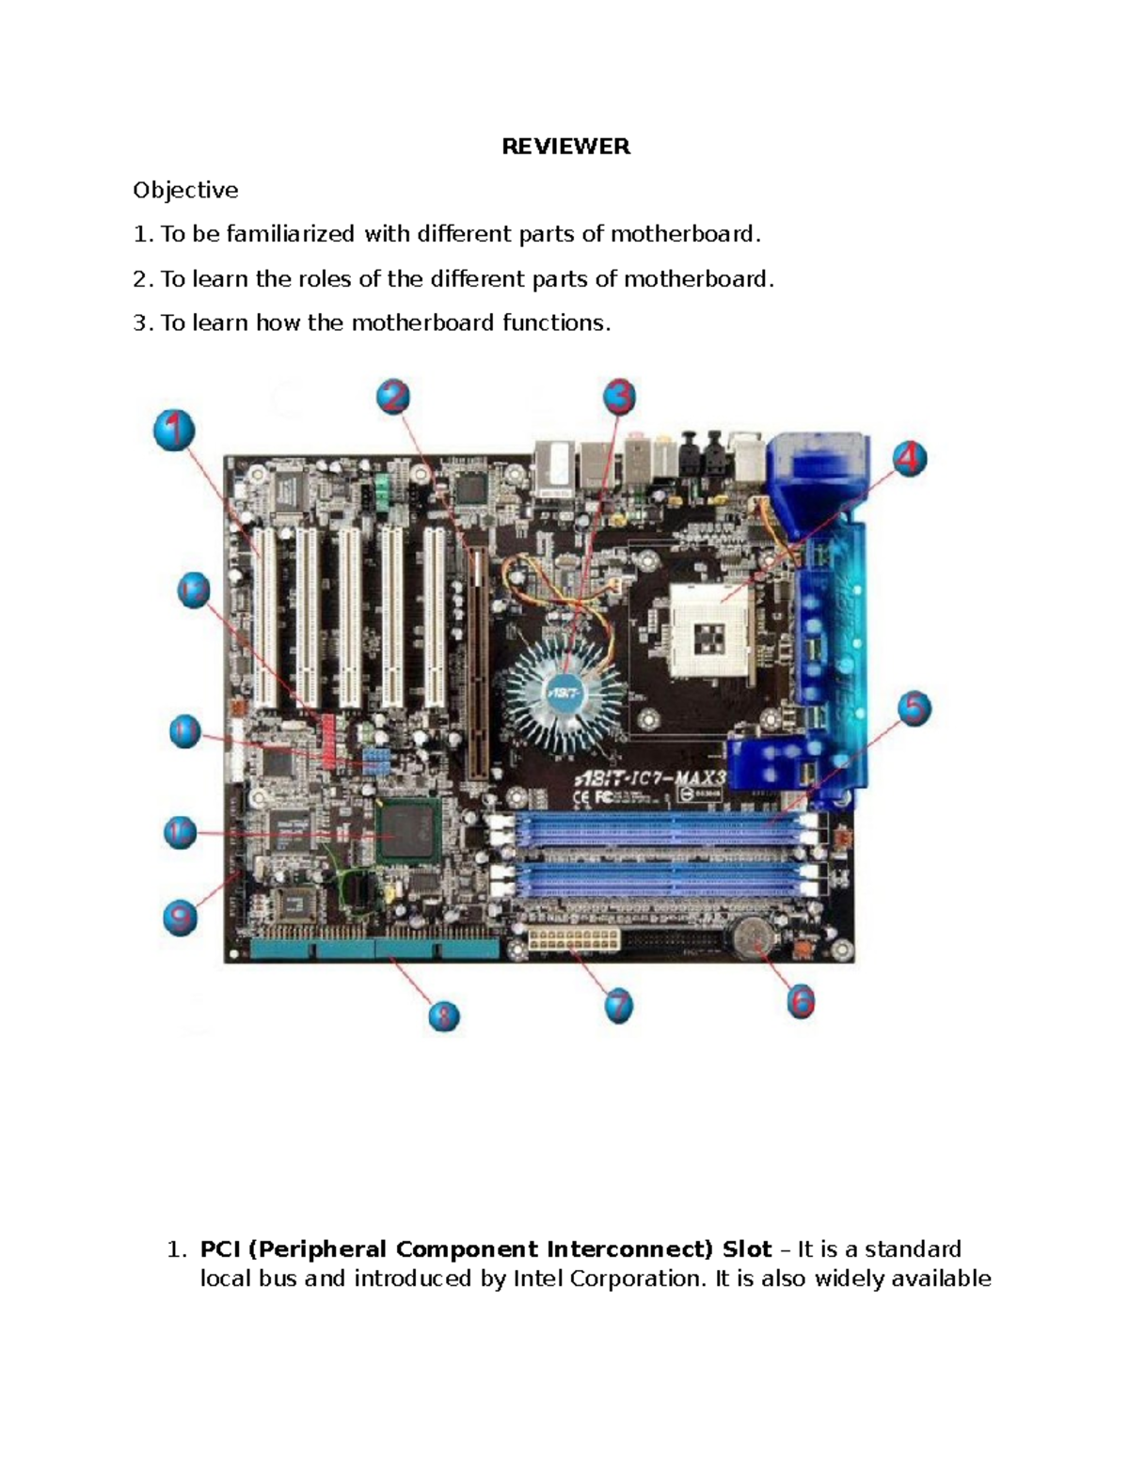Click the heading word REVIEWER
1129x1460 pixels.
click(x=565, y=147)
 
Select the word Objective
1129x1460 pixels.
click(x=185, y=190)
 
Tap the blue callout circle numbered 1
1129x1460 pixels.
click(x=174, y=432)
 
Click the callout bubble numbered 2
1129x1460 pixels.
click(x=393, y=398)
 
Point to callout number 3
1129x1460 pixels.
click(x=618, y=397)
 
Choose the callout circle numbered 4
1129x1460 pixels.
click(x=908, y=460)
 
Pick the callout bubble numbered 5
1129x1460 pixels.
click(x=913, y=708)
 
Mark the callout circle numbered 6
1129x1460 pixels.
click(x=800, y=1002)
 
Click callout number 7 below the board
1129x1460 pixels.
click(x=617, y=1007)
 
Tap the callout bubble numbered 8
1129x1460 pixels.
click(x=443, y=1015)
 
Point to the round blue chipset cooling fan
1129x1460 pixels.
click(x=564, y=691)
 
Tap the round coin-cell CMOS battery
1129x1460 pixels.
click(x=753, y=937)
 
